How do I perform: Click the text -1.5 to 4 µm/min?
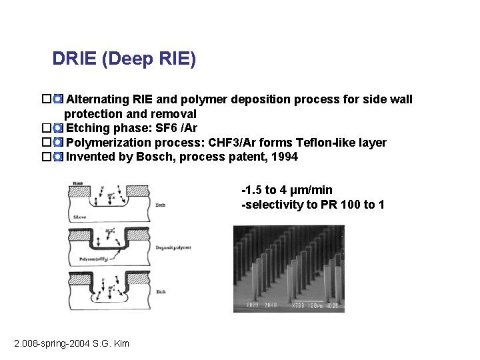[x=287, y=190]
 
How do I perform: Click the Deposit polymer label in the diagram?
[x=173, y=247]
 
